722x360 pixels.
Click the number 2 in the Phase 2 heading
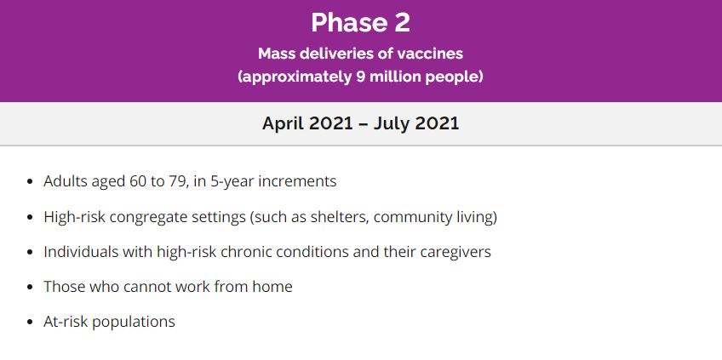(x=402, y=23)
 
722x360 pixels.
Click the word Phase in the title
(x=348, y=23)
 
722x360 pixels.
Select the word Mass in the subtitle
(x=272, y=54)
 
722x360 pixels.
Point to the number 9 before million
(x=360, y=77)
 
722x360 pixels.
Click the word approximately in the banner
(x=295, y=77)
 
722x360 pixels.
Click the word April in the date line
(x=284, y=123)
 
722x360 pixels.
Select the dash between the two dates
(x=362, y=124)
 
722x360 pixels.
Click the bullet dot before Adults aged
(x=31, y=181)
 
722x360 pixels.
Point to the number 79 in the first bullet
(x=177, y=181)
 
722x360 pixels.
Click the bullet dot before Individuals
(x=31, y=252)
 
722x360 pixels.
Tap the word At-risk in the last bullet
(x=66, y=322)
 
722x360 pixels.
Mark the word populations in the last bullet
(x=134, y=322)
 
